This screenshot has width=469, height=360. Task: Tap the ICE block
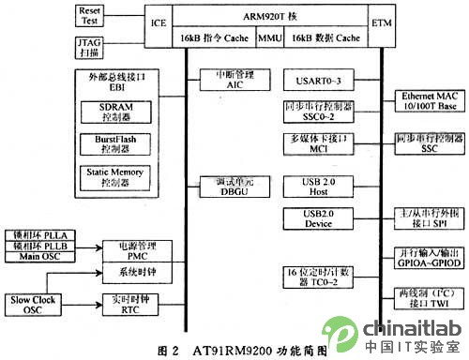point(159,21)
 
